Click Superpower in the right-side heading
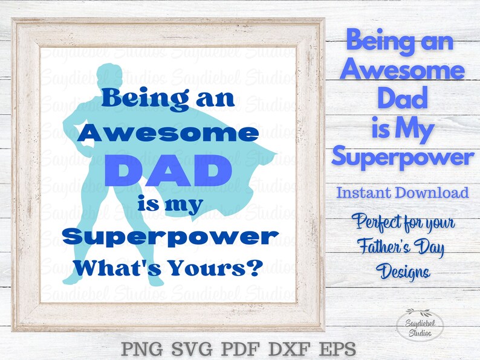pyautogui.click(x=403, y=156)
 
